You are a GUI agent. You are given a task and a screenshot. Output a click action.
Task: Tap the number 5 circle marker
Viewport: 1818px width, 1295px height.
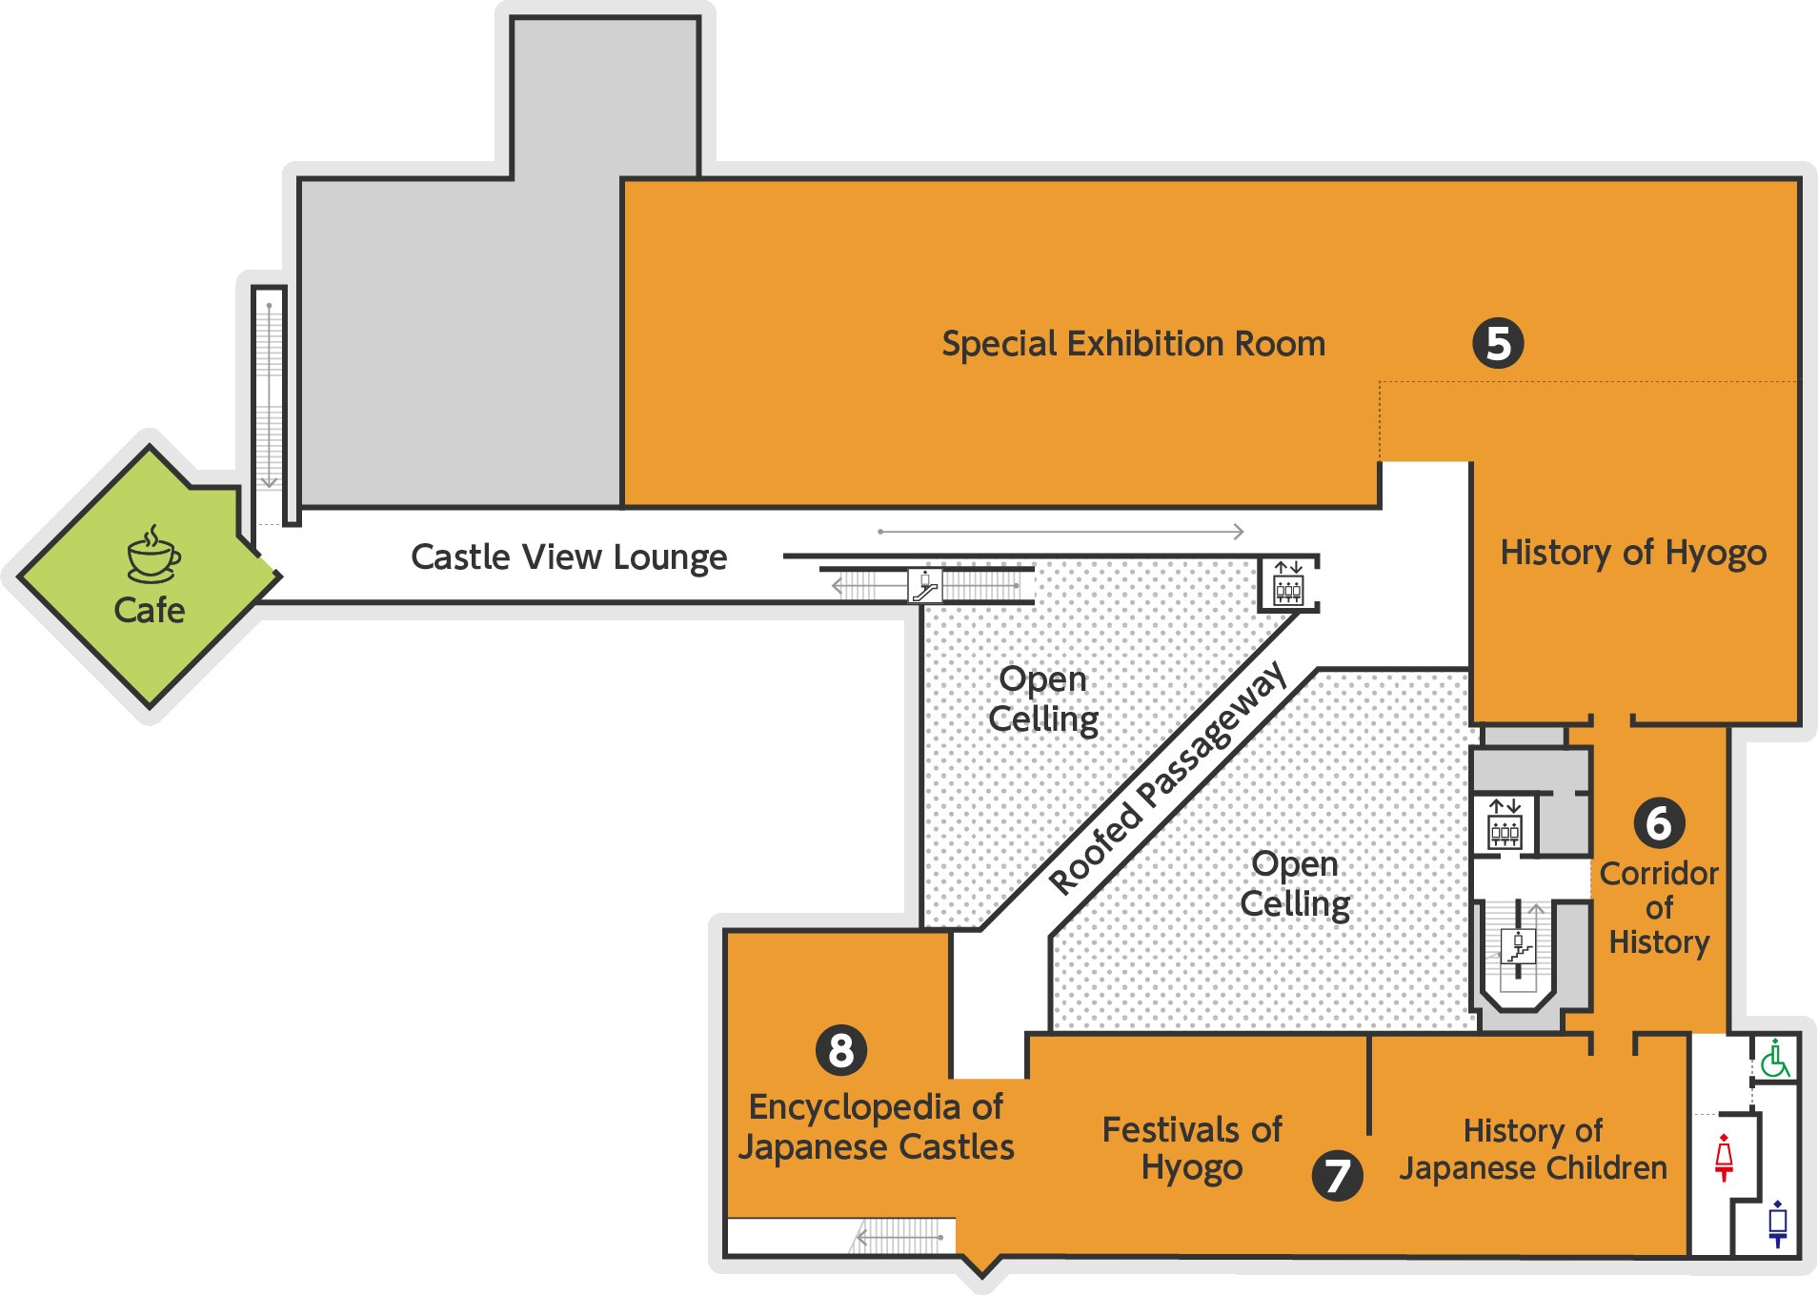pyautogui.click(x=1497, y=343)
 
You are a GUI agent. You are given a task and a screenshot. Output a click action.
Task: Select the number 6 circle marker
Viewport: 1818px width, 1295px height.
pyautogui.click(x=1659, y=822)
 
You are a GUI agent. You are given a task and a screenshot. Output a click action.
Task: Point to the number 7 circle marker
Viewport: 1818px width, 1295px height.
pyautogui.click(x=1337, y=1176)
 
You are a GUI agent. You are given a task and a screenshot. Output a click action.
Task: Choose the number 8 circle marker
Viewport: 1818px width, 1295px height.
pyautogui.click(x=841, y=1050)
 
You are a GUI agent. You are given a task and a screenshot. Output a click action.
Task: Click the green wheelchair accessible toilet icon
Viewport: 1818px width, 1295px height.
pyautogui.click(x=1774, y=1059)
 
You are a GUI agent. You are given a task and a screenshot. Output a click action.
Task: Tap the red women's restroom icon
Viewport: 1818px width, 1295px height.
pyautogui.click(x=1724, y=1157)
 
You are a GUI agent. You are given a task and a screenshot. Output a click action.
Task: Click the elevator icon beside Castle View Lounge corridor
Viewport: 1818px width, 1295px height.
pyautogui.click(x=1288, y=584)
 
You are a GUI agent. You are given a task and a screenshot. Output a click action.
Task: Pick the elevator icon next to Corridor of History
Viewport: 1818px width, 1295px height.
pyautogui.click(x=1505, y=825)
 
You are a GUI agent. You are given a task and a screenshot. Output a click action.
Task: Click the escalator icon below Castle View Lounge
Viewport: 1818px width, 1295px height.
pyautogui.click(x=924, y=585)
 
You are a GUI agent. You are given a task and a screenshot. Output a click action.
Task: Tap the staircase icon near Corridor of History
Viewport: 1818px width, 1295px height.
pyautogui.click(x=1519, y=947)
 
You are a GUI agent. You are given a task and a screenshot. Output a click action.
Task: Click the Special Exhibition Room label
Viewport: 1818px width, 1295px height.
pyautogui.click(x=1133, y=343)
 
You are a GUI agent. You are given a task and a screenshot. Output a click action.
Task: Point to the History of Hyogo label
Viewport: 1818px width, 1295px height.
pyautogui.click(x=1633, y=553)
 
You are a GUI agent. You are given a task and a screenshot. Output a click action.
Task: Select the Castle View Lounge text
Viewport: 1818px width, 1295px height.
pyautogui.click(x=569, y=556)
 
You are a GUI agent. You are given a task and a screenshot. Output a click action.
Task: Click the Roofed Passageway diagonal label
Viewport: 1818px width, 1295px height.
pyautogui.click(x=1168, y=779)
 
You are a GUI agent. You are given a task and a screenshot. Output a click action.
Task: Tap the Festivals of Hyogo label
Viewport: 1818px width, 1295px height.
pyautogui.click(x=1192, y=1148)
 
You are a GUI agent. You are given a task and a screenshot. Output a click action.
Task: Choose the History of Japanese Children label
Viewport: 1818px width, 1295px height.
pyautogui.click(x=1532, y=1148)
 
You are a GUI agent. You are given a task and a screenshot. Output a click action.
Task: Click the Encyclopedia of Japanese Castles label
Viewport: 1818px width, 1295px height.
pyautogui.click(x=876, y=1126)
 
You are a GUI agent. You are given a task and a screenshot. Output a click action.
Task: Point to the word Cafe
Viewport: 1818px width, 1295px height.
pyautogui.click(x=150, y=610)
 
